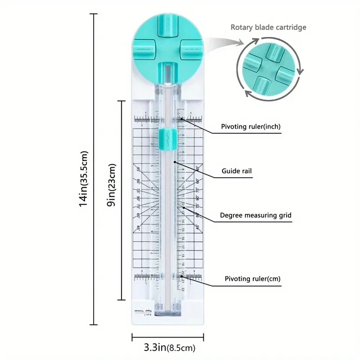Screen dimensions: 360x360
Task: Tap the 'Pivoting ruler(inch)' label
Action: point(251,127)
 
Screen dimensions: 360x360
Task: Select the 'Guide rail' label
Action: point(237,171)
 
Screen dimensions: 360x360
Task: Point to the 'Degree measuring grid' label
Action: point(256,216)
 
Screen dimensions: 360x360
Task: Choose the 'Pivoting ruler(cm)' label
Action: point(252,279)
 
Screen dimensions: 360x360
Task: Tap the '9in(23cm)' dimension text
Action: point(112,190)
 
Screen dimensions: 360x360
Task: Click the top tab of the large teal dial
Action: point(167,22)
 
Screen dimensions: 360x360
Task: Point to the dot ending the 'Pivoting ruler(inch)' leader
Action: point(181,119)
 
